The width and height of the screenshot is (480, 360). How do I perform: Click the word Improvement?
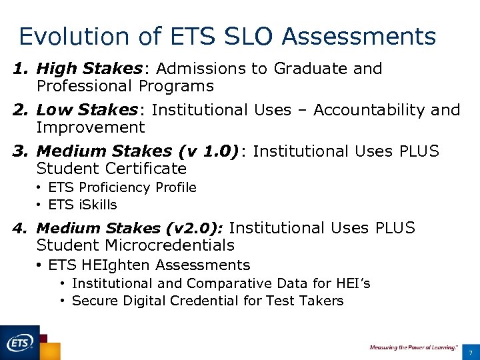click(90, 127)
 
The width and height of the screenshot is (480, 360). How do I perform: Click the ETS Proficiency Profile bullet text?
click(122, 188)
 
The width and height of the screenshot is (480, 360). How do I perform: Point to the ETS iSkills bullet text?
click(82, 205)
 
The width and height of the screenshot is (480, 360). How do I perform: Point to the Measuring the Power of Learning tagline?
click(413, 347)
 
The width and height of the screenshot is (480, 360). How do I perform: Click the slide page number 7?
click(471, 352)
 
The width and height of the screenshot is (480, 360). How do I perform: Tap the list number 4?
click(18, 229)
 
